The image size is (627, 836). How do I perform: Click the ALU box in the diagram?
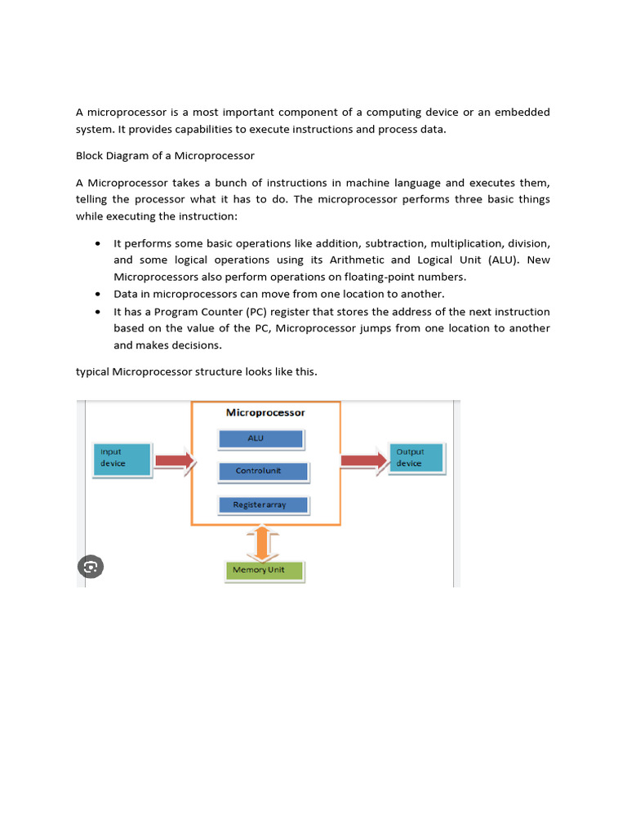pos(260,439)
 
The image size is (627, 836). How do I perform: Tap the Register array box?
pos(264,505)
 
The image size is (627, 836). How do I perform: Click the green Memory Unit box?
pos(264,570)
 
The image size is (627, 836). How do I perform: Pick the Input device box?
pos(122,459)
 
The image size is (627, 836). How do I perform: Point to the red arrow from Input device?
pos(174,461)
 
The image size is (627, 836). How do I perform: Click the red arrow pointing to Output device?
pos(363,460)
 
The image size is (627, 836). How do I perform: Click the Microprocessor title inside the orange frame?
pos(265,413)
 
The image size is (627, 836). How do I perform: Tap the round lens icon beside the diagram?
pos(90,567)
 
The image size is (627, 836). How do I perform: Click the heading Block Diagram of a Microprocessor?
pos(165,156)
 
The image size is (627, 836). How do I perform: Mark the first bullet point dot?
pos(98,243)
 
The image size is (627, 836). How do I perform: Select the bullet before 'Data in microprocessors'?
pos(98,294)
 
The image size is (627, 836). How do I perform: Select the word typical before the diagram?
pos(92,371)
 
